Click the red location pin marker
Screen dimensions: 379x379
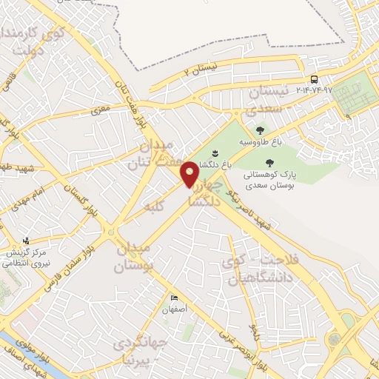click(189, 174)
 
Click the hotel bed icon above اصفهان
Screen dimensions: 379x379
click(174, 298)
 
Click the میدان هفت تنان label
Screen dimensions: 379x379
click(156, 151)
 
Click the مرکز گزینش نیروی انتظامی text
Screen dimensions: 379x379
click(33, 256)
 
